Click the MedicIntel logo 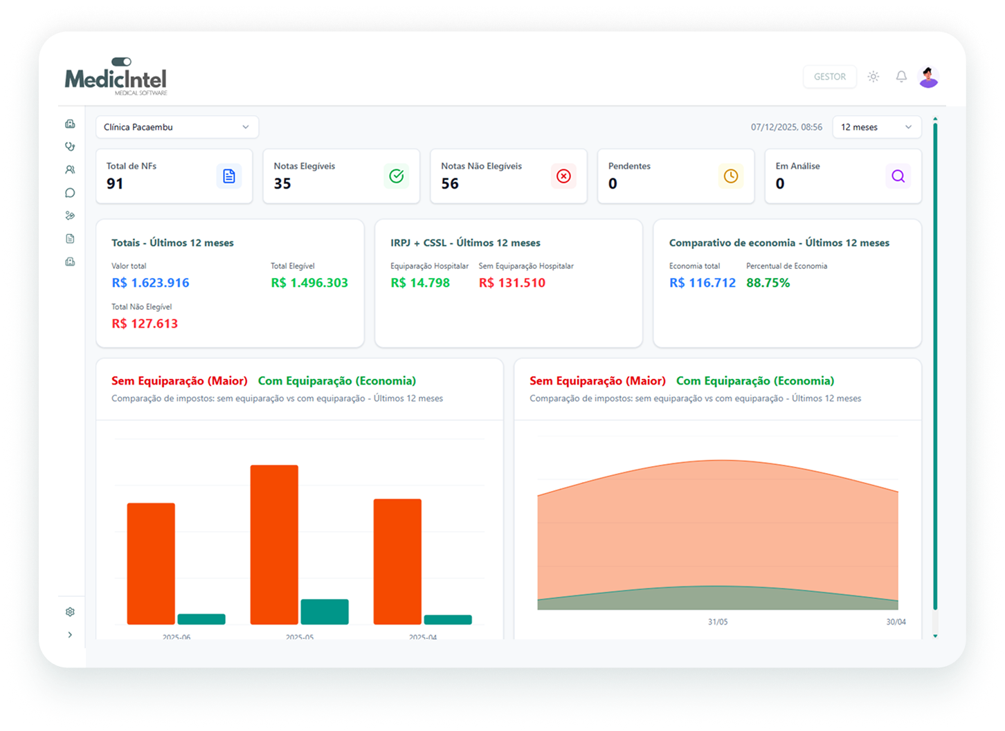(116, 77)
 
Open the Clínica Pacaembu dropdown (176, 127)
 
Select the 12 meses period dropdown (876, 127)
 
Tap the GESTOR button (829, 77)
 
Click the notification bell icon (901, 77)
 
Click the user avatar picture (928, 77)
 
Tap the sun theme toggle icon (873, 77)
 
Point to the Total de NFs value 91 (115, 184)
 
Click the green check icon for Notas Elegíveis (397, 176)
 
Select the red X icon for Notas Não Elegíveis (563, 176)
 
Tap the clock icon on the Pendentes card (731, 176)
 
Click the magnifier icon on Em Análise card (898, 176)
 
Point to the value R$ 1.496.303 (309, 283)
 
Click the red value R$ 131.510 (512, 283)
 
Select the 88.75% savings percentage (768, 283)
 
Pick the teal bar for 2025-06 (201, 619)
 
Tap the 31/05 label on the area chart (718, 622)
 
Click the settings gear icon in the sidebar (70, 612)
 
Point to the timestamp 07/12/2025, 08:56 (786, 127)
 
